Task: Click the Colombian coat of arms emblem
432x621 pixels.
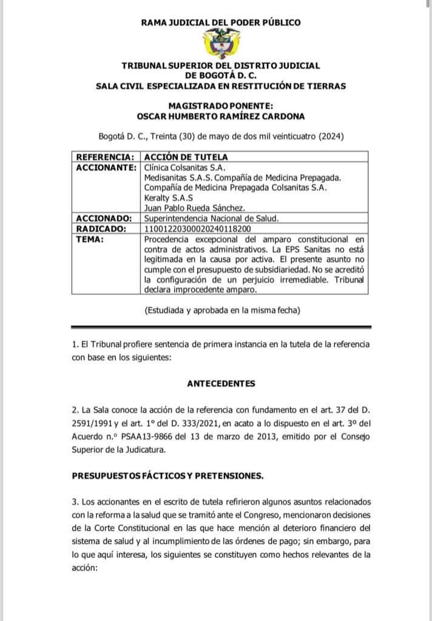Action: click(x=220, y=44)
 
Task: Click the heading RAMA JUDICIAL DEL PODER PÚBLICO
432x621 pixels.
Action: click(x=220, y=22)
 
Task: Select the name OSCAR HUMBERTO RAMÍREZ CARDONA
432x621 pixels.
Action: click(x=220, y=116)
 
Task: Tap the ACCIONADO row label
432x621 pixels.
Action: click(x=103, y=218)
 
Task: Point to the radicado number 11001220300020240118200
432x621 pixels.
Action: click(x=198, y=229)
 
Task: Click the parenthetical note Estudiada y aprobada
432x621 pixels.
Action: click(x=222, y=310)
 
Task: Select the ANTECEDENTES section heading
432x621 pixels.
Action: click(x=221, y=383)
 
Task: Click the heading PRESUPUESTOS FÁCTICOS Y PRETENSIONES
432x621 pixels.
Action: click(x=167, y=475)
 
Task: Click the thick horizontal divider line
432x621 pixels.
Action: click(x=220, y=326)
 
